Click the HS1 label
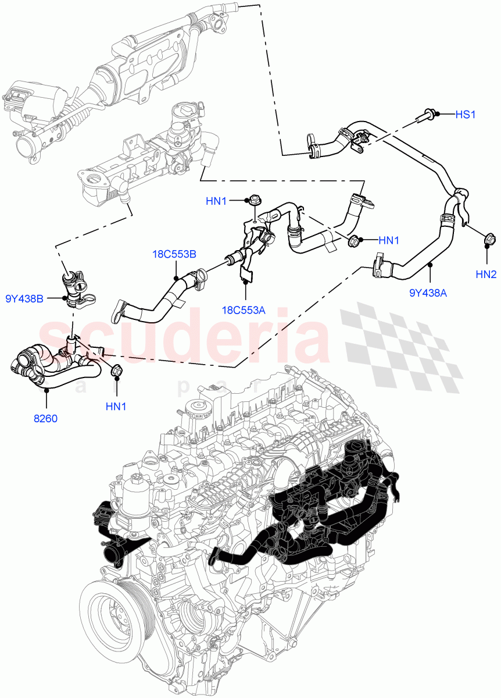[x=465, y=115]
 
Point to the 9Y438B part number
[x=23, y=299]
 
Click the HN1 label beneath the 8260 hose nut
[x=116, y=406]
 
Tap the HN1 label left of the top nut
[x=216, y=201]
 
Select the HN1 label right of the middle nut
[x=389, y=240]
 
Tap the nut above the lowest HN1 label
[x=115, y=369]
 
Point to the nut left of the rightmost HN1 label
[x=352, y=240]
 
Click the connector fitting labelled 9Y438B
[x=75, y=285]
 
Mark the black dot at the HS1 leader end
[x=438, y=115]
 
